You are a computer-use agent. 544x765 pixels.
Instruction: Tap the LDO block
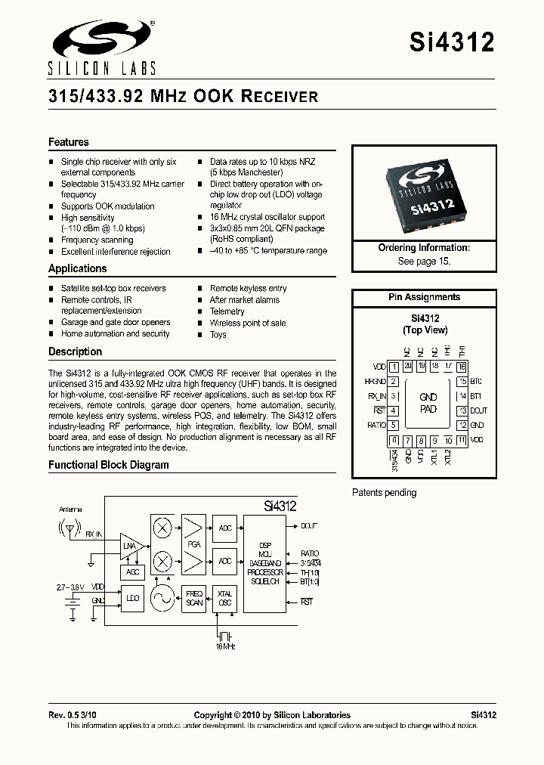pyautogui.click(x=133, y=598)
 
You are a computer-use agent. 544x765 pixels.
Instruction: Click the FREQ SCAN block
pyautogui.click(x=195, y=598)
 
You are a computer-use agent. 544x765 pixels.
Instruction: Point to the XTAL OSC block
pyautogui.click(x=225, y=598)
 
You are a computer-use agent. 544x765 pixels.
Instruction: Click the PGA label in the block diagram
pyautogui.click(x=194, y=544)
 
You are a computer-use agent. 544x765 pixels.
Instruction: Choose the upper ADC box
pyautogui.click(x=225, y=527)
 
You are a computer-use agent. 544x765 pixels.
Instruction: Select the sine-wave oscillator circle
pyautogui.click(x=162, y=598)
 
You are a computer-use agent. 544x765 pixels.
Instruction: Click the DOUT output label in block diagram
pyautogui.click(x=309, y=525)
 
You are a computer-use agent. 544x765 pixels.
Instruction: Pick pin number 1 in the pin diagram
pyautogui.click(x=394, y=367)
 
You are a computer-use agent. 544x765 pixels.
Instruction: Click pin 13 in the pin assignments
pyautogui.click(x=461, y=410)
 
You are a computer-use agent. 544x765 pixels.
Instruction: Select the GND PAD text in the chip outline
pyautogui.click(x=428, y=403)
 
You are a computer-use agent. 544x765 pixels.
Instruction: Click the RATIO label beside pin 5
pyautogui.click(x=376, y=426)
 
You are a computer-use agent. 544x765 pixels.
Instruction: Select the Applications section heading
pyautogui.click(x=78, y=268)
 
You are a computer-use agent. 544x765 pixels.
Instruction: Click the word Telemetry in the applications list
pyautogui.click(x=227, y=311)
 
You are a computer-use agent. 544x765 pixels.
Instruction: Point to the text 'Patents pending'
pyautogui.click(x=384, y=493)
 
